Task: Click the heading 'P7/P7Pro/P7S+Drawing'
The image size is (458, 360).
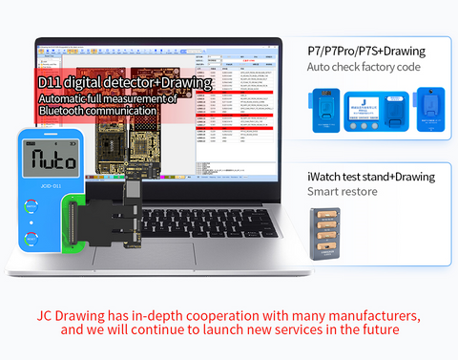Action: point(365,50)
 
